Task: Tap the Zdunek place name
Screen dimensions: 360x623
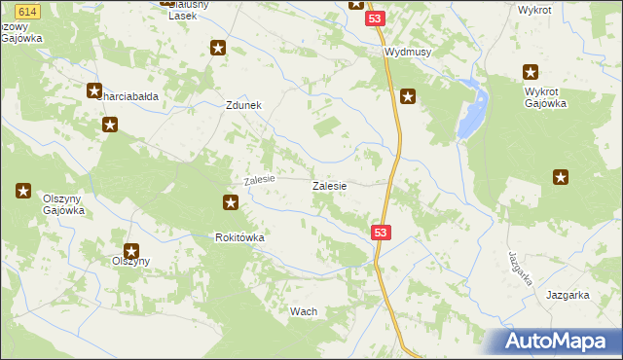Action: coord(243,107)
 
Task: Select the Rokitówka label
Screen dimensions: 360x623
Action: coord(240,237)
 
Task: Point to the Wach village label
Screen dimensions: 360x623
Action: coord(304,311)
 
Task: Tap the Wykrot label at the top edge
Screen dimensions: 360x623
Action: coord(534,9)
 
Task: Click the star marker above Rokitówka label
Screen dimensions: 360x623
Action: coord(231,202)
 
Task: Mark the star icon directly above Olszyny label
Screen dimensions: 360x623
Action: coord(130,251)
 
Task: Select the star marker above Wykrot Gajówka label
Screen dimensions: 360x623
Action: coord(531,71)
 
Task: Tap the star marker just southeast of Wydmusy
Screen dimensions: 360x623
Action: coord(408,95)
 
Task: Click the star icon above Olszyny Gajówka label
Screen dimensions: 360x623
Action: coord(22,191)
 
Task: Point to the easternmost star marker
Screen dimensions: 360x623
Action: coord(561,176)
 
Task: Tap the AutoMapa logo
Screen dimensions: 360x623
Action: coord(562,341)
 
